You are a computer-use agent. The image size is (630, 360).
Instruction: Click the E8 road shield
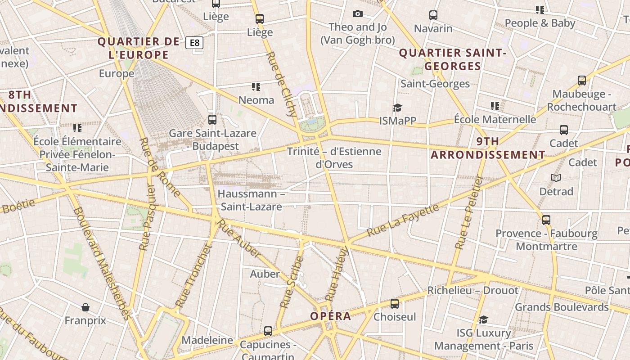tap(194, 43)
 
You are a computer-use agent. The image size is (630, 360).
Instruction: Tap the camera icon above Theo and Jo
tap(358, 14)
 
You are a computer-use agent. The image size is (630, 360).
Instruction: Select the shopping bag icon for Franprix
tap(85, 307)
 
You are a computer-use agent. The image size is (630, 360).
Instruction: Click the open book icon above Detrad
tap(556, 178)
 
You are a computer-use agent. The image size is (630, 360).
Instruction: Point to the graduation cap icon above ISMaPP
tap(397, 108)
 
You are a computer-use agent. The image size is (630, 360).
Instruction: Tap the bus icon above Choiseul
tap(395, 303)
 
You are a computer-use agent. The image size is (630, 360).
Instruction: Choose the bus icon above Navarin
tap(433, 15)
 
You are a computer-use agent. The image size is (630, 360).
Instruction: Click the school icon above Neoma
tap(256, 86)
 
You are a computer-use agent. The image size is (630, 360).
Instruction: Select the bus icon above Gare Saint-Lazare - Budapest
tap(212, 120)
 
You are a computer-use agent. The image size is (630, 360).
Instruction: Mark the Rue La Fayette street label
tap(402, 220)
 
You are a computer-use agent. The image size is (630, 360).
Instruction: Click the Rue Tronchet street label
tap(193, 276)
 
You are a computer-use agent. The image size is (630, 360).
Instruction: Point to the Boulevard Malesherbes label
tap(101, 263)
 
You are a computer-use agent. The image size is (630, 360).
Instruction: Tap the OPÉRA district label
tap(330, 316)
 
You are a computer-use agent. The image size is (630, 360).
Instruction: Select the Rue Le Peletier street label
tap(468, 212)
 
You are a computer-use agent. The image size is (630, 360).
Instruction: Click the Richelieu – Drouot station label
tap(472, 290)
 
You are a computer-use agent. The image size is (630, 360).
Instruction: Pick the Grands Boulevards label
tap(562, 307)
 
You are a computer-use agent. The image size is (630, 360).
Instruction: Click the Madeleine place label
tap(207, 340)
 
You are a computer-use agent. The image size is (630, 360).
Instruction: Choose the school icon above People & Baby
tap(540, 9)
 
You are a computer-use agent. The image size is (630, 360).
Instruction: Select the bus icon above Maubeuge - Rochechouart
tap(582, 81)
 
